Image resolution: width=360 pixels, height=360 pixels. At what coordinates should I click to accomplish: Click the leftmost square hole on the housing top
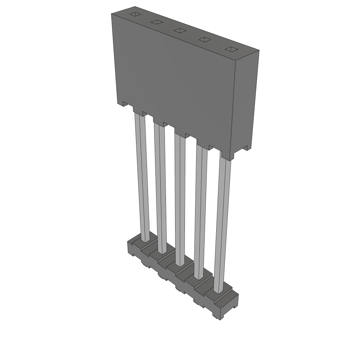tap(134, 15)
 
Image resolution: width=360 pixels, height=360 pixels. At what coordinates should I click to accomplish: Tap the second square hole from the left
tap(156, 22)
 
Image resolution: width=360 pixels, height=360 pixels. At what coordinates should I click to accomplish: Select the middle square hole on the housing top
tap(180, 31)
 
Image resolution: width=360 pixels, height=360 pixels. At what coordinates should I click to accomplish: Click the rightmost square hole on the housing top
tap(231, 49)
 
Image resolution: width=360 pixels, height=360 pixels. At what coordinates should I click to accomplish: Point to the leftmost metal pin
tap(142, 176)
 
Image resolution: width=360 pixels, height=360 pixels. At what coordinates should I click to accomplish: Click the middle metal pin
tap(179, 197)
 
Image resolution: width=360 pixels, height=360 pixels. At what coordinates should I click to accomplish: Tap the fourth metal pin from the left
tap(200, 211)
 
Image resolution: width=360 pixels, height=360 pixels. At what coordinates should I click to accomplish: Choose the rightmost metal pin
tap(223, 225)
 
